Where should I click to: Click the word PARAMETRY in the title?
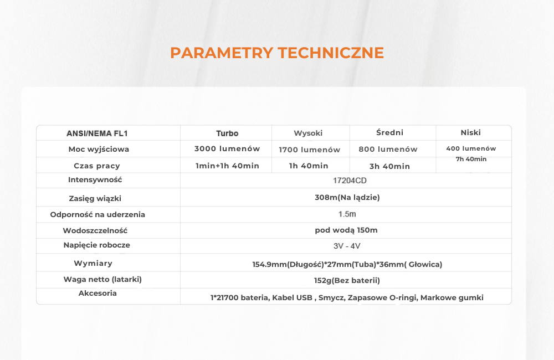(222, 53)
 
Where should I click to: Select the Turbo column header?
(227, 133)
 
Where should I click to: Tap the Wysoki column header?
(308, 133)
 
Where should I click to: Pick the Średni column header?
(389, 132)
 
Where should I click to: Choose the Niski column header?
(470, 132)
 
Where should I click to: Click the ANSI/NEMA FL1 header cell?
(97, 133)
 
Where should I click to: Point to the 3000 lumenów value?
(227, 149)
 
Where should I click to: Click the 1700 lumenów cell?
(310, 150)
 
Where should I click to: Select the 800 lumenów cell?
(388, 149)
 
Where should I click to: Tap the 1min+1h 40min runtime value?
(227, 166)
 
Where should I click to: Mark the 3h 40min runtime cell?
(389, 166)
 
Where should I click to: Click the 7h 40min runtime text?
(471, 159)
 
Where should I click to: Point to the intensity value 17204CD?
(350, 181)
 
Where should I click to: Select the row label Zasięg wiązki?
(95, 198)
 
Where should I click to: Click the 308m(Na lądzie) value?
(347, 198)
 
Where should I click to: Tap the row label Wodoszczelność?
(95, 231)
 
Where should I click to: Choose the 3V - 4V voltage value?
(347, 246)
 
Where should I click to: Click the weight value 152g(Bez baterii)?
(347, 280)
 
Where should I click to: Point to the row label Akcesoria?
(98, 293)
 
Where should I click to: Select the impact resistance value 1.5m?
(347, 214)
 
